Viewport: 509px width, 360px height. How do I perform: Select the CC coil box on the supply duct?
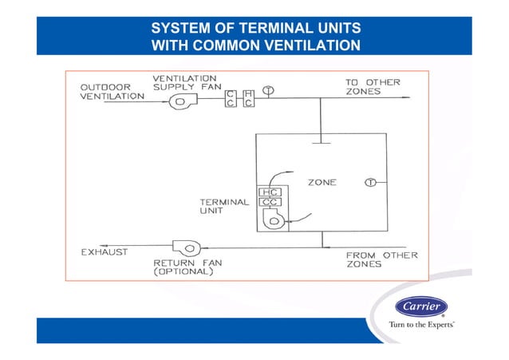pos(231,98)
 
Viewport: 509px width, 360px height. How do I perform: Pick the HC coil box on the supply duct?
pos(248,98)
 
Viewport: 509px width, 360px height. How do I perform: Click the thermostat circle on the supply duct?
pos(269,90)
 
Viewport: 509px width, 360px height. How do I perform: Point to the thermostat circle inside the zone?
pos(370,182)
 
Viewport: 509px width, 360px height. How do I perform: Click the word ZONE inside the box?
pos(322,183)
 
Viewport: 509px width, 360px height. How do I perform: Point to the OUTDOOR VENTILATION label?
pos(112,91)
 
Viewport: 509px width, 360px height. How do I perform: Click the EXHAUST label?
pos(105,252)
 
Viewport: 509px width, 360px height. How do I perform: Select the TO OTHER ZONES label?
pos(373,87)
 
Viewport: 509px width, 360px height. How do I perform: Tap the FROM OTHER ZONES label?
pos(381,259)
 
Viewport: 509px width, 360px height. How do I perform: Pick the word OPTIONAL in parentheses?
pos(183,271)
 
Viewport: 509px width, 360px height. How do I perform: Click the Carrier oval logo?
pos(422,309)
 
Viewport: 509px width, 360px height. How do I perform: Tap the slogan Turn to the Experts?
pos(421,326)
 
